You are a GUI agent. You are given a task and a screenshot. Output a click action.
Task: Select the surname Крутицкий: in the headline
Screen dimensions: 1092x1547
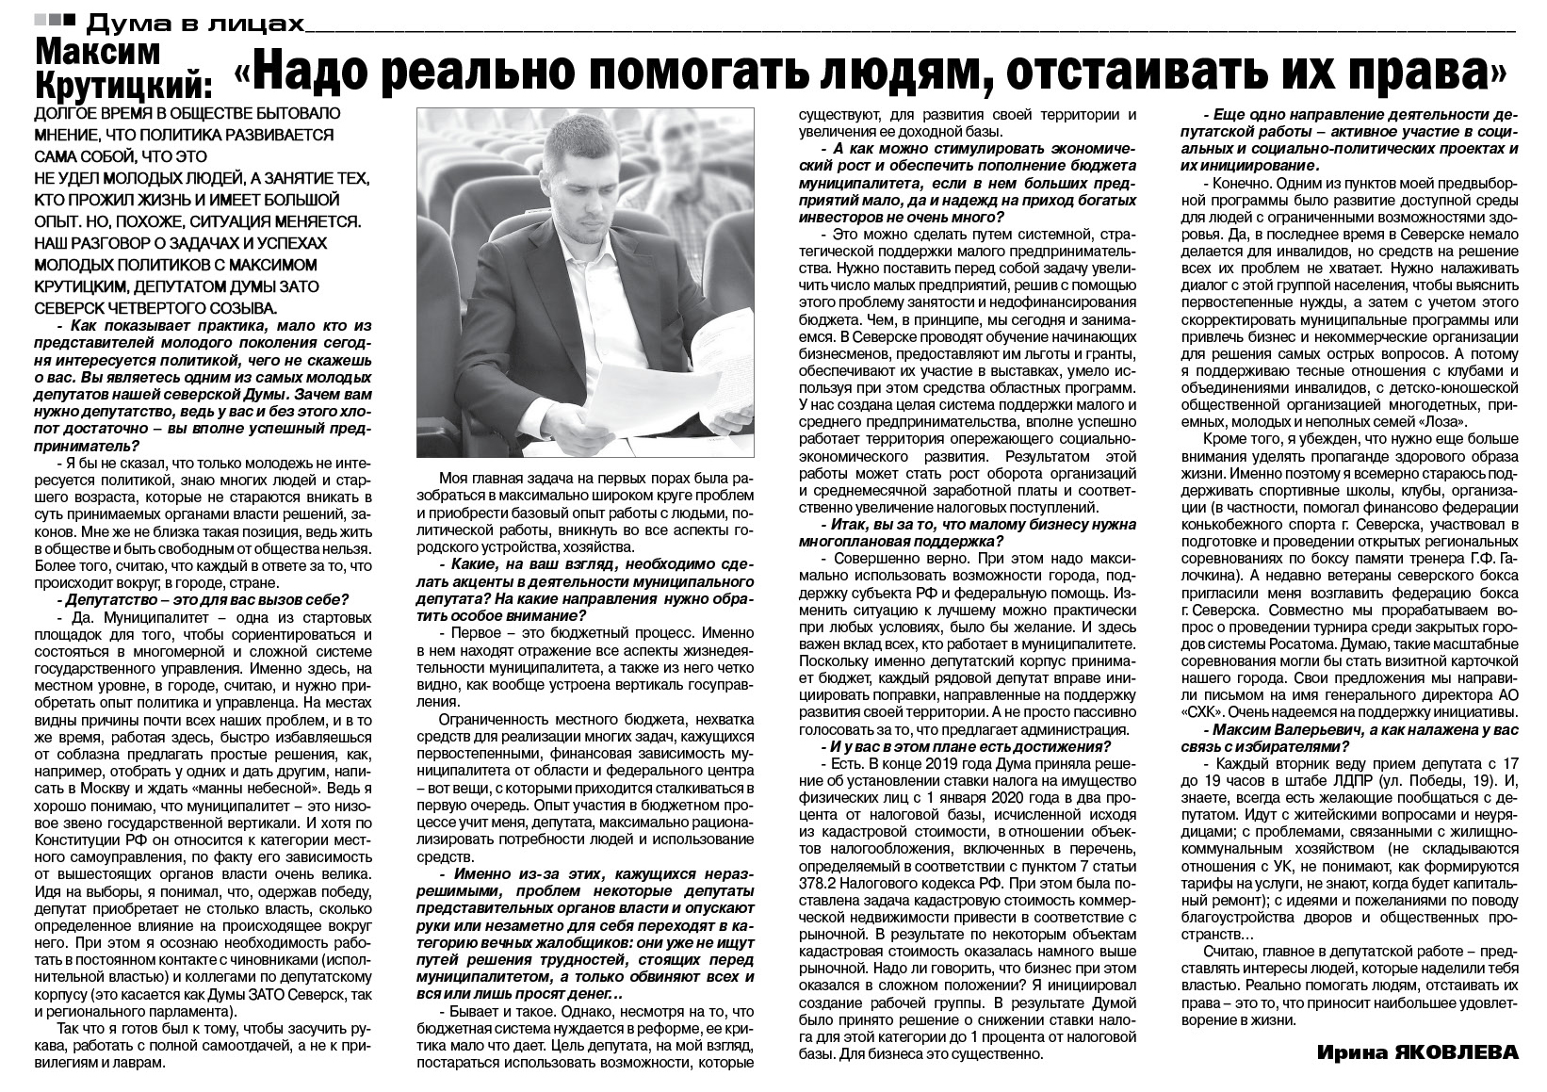coord(122,88)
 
